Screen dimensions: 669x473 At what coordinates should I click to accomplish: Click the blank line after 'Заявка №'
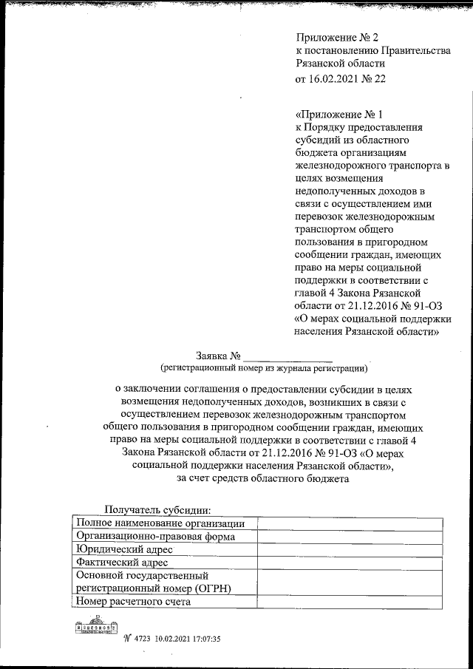pyautogui.click(x=277, y=356)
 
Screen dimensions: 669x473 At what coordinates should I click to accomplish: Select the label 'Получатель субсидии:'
pyautogui.click(x=158, y=509)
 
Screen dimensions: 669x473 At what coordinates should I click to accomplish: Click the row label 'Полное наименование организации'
pyautogui.click(x=164, y=523)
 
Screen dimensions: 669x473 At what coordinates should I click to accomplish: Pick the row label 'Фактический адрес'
pyautogui.click(x=122, y=563)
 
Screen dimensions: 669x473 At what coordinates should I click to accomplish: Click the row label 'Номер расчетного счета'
pyautogui.click(x=134, y=602)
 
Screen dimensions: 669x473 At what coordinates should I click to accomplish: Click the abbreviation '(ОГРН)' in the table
pyautogui.click(x=211, y=588)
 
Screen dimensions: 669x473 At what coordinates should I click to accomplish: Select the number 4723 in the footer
pyautogui.click(x=142, y=638)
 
